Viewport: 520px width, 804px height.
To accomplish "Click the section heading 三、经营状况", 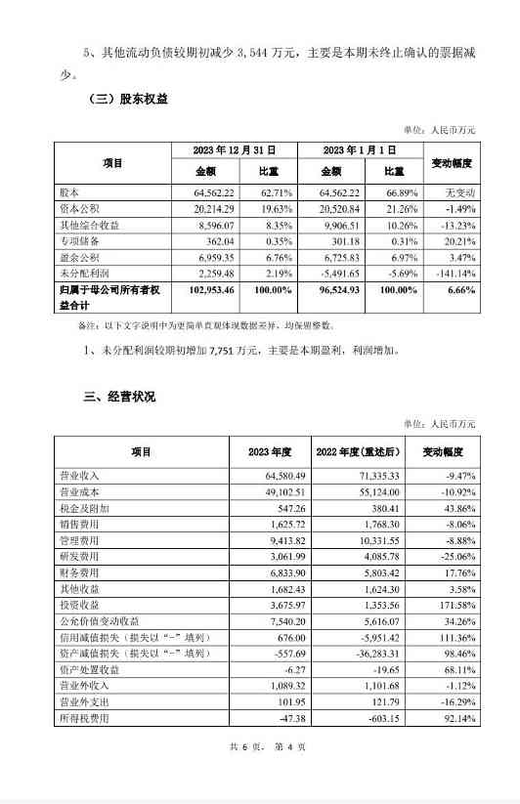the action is point(119,396).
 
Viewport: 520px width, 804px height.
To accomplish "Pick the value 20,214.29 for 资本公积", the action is point(202,208).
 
